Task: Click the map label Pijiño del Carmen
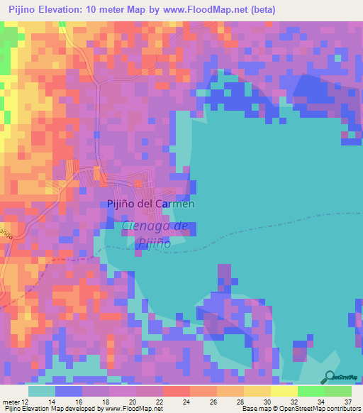pyautogui.click(x=150, y=204)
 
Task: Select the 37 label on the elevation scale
pyautogui.click(x=348, y=401)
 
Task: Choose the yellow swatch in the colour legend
pyautogui.click(x=284, y=391)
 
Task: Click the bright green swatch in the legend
pyautogui.click(x=311, y=391)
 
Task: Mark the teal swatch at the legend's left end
pyautogui.click(x=42, y=391)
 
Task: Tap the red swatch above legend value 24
pyautogui.click(x=177, y=391)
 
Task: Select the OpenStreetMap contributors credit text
pyautogui.click(x=321, y=409)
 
